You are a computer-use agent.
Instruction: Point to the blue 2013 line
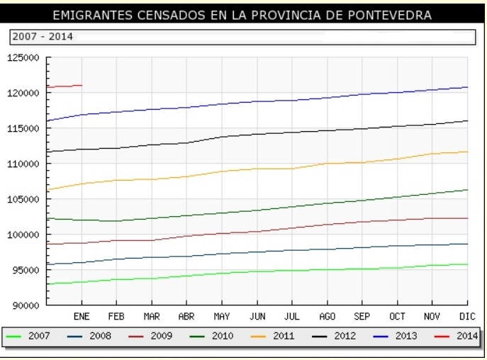pos(284,101)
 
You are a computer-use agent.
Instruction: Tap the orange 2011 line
pos(284,169)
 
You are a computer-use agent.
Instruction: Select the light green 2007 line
pos(284,271)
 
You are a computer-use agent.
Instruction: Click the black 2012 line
pos(284,133)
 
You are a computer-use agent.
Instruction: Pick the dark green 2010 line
pos(284,207)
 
